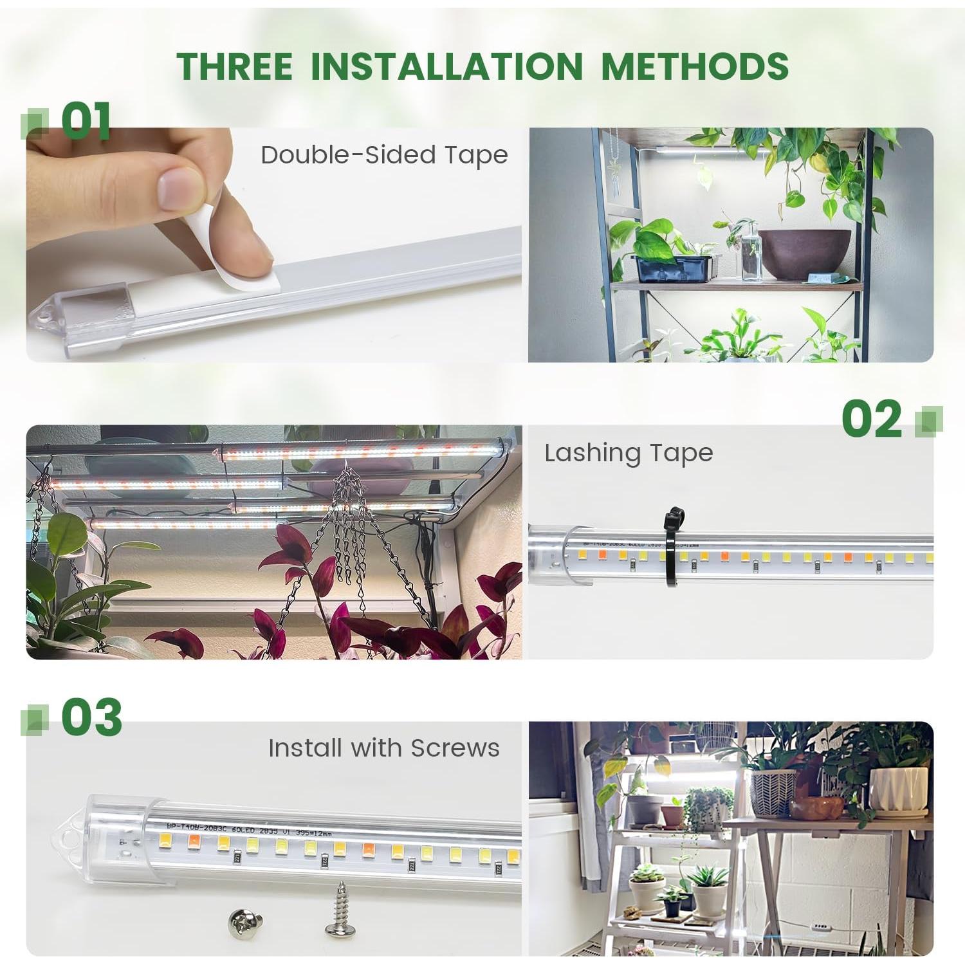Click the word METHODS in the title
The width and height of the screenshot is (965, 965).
pos(695,66)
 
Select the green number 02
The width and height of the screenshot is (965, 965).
pos(872,419)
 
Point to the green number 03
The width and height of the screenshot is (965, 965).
pos(91,717)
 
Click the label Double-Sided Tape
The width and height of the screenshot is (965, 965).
pos(384,155)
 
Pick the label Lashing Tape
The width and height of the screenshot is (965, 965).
pos(629,453)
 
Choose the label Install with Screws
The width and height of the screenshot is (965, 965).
pos(383,748)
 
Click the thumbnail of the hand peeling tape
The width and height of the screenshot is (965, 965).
pos(273,244)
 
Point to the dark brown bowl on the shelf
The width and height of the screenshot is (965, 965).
pos(804,252)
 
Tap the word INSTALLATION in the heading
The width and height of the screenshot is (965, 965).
pos(446,66)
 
